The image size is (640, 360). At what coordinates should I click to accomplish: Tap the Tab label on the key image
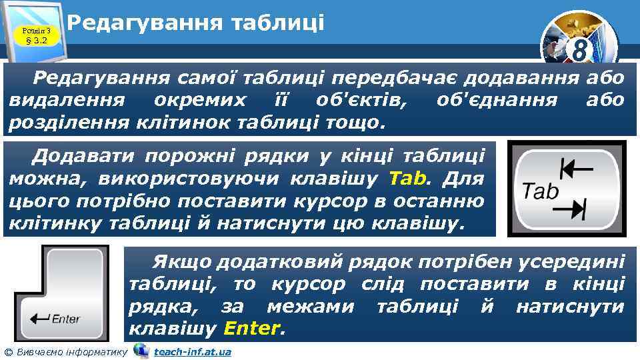tap(540, 192)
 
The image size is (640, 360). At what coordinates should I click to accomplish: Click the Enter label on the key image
tap(66, 319)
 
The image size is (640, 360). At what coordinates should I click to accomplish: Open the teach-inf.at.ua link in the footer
tap(193, 351)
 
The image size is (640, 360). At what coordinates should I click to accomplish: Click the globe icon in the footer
tap(141, 351)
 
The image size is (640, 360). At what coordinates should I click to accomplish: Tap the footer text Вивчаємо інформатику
tap(70, 351)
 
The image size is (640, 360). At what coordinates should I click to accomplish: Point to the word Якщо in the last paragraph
tap(182, 262)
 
